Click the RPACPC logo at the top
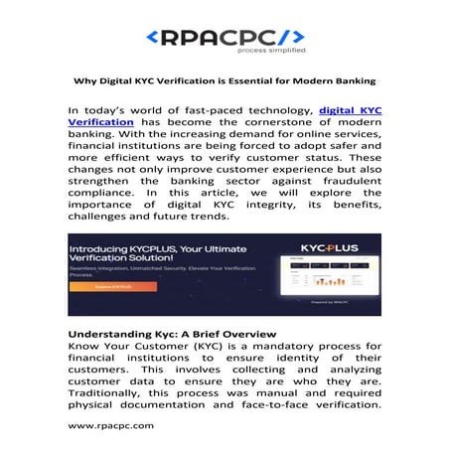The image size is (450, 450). click(x=225, y=37)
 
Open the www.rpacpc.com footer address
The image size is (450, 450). click(x=110, y=424)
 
